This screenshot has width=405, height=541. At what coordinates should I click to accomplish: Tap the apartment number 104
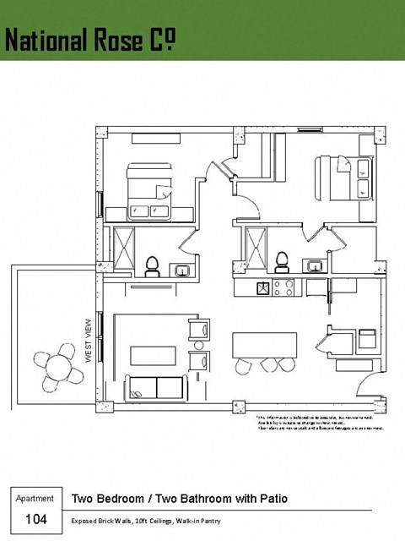coord(37,518)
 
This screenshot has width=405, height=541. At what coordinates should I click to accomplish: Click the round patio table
coord(58,367)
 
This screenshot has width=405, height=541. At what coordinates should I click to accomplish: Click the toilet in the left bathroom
coord(153,265)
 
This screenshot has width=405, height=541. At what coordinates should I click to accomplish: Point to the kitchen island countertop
coord(264,343)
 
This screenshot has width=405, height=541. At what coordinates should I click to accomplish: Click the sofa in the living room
coord(157,388)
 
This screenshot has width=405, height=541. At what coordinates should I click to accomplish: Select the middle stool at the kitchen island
coord(268,365)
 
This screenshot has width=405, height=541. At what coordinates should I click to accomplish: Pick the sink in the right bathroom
coord(316,265)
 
